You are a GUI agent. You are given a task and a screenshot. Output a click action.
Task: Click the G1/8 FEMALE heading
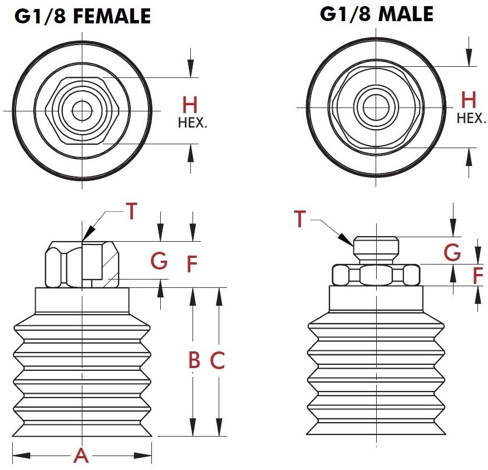click(x=83, y=16)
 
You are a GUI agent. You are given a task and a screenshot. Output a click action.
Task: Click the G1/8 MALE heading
click(x=376, y=14)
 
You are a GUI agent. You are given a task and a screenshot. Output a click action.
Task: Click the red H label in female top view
click(x=190, y=105)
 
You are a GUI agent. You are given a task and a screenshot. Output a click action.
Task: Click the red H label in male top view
click(x=469, y=101)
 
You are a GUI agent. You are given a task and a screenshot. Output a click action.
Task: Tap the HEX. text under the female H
click(x=192, y=123)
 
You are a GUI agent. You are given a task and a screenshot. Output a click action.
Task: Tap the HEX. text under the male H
click(x=471, y=118)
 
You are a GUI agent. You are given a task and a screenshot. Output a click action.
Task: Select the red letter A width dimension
click(x=81, y=456)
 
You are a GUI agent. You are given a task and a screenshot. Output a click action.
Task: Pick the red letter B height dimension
click(x=194, y=361)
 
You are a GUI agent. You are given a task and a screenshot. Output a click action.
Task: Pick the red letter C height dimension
click(x=217, y=361)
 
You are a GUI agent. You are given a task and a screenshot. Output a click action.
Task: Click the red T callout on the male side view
click(x=300, y=219)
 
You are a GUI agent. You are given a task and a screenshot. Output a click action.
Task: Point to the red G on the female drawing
click(x=160, y=261)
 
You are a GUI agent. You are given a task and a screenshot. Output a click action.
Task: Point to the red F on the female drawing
click(x=192, y=265)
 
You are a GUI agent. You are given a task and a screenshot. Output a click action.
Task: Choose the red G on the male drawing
click(x=452, y=253)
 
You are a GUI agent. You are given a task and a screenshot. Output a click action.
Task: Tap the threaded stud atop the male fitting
click(x=376, y=249)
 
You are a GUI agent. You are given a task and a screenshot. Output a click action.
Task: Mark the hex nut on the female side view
click(x=82, y=264)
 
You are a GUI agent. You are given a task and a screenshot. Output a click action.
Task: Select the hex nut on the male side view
click(x=376, y=275)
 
